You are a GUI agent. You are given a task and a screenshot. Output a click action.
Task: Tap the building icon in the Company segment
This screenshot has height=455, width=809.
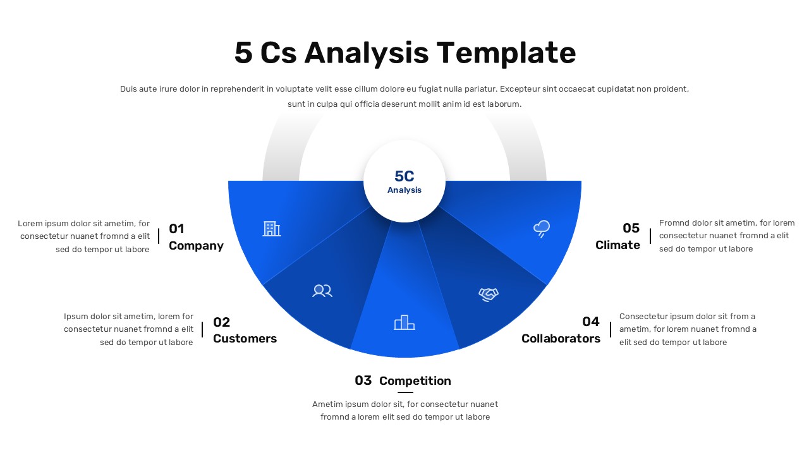point(272,229)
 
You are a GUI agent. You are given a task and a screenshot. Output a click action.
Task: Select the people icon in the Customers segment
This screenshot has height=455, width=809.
point(322,291)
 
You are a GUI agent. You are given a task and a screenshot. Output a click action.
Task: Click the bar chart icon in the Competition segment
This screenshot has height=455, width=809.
point(404,322)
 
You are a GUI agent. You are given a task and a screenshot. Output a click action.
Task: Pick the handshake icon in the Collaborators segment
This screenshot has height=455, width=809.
point(489,294)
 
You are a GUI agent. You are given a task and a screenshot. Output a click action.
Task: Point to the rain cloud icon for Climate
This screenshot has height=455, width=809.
point(542,228)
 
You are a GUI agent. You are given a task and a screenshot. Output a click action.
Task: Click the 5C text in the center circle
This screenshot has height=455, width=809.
point(404,176)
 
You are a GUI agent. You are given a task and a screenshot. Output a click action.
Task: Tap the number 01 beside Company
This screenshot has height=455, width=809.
point(176,229)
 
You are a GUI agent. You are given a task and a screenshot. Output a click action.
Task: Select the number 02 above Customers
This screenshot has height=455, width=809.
point(221,322)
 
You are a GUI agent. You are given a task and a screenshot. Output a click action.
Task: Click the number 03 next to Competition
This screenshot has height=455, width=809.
point(363,380)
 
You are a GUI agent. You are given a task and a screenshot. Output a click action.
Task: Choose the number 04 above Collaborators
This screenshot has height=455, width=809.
point(591,322)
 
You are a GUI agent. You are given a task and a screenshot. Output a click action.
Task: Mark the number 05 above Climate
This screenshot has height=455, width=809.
point(631,228)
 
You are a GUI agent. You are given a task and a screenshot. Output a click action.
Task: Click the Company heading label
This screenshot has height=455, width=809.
point(196,246)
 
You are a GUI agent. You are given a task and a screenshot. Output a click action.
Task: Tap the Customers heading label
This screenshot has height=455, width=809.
point(245,339)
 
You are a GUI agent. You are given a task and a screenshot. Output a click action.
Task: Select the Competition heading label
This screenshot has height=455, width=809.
point(415,380)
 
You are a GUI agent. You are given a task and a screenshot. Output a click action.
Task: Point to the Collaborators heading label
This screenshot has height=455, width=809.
point(561,339)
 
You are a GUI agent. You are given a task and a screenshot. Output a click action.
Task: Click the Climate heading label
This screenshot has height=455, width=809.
point(617,245)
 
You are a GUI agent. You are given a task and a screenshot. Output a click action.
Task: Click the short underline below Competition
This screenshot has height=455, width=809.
point(405,392)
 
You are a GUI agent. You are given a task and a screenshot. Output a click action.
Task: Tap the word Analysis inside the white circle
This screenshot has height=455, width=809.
point(404,190)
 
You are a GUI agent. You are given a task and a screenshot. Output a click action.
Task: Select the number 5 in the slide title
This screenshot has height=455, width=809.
point(243,52)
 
